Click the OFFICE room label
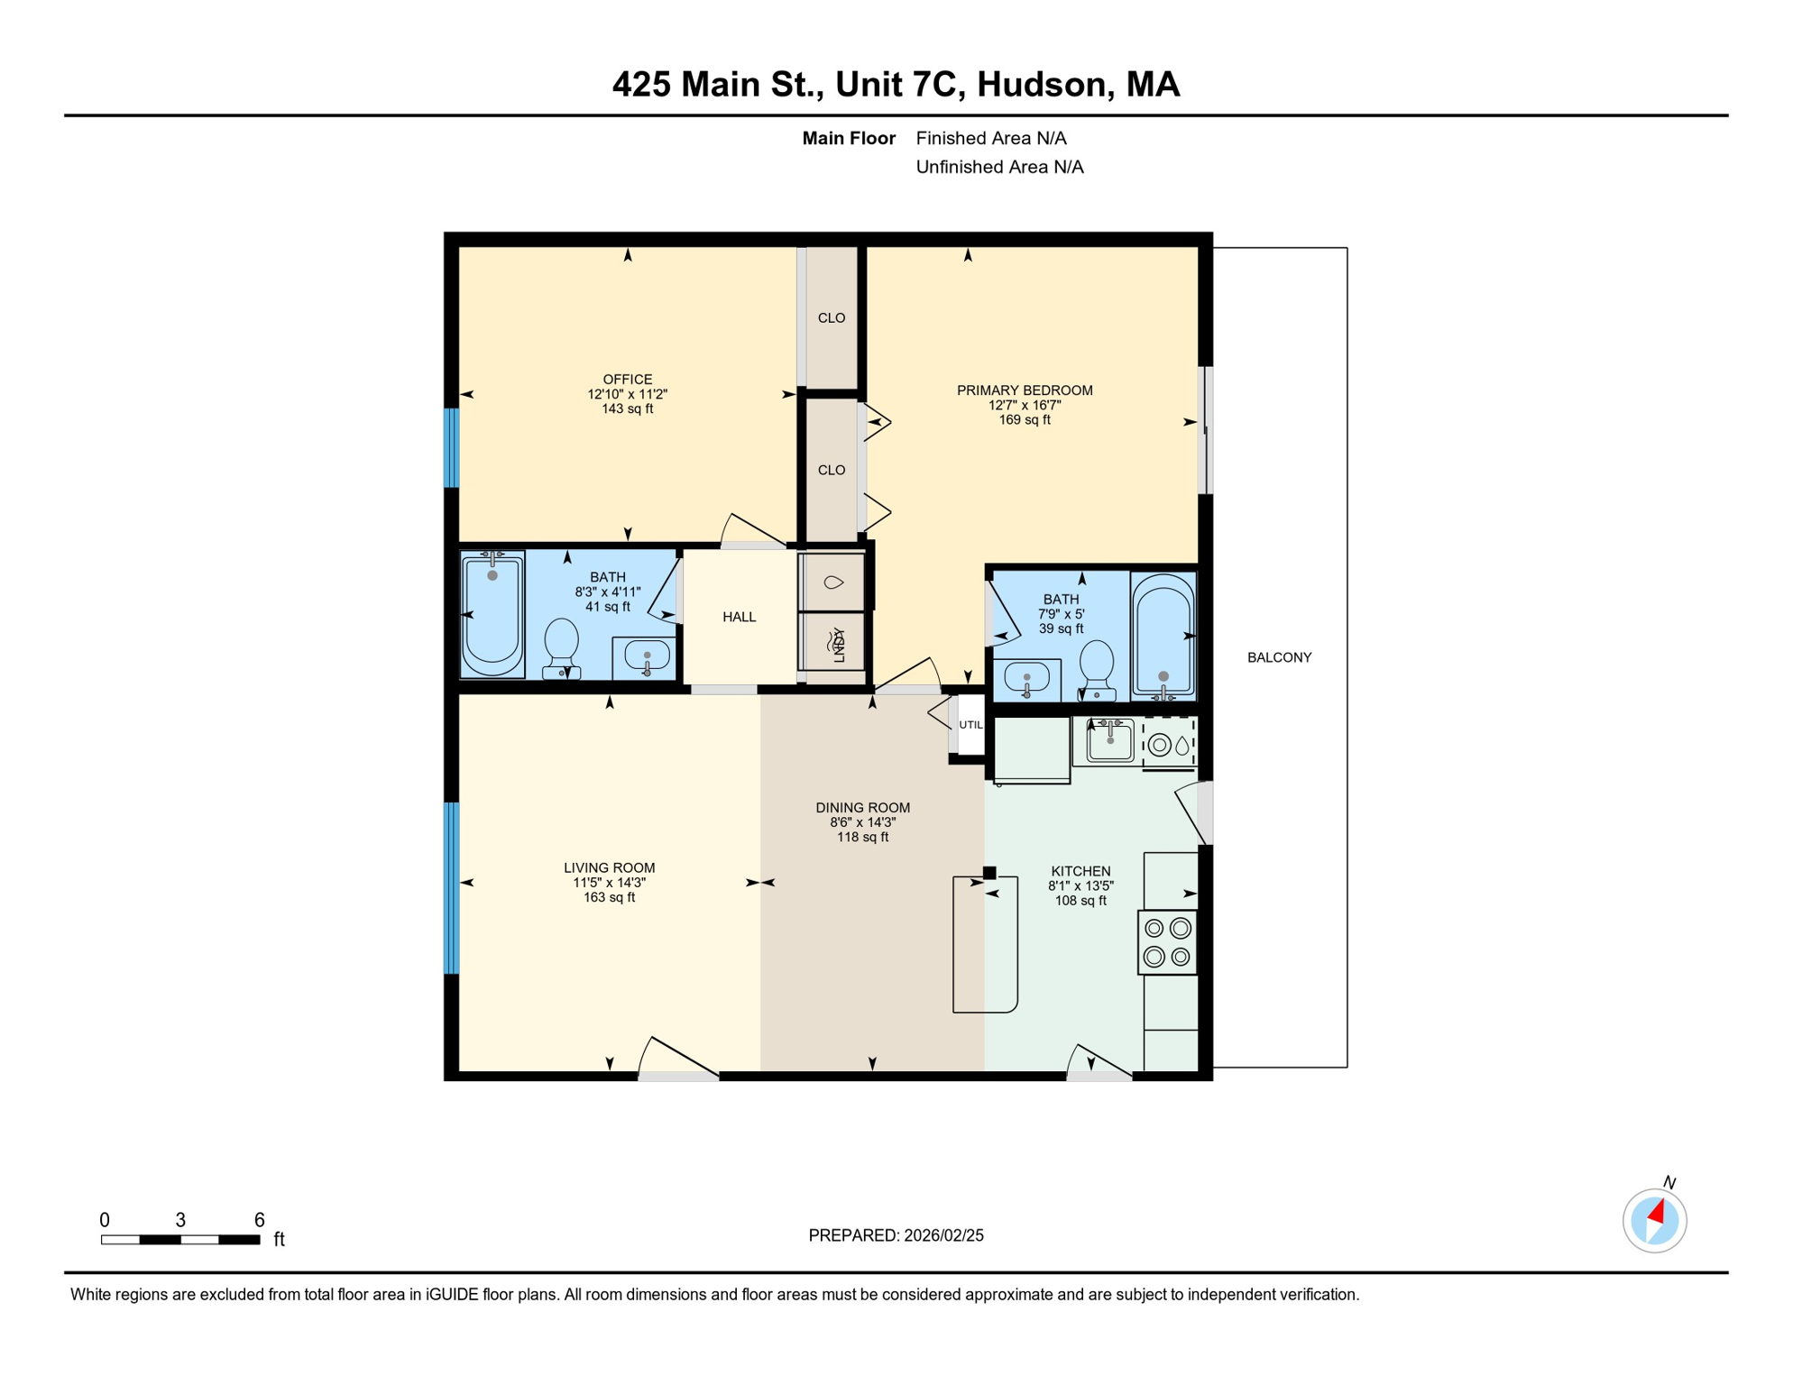[628, 380]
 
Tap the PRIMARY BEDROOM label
[1025, 390]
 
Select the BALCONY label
[1279, 657]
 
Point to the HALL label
[739, 617]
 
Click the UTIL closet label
[970, 725]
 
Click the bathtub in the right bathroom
[1163, 637]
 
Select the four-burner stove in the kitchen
[1167, 942]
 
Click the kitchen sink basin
[1109, 741]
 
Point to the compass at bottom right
[1654, 1220]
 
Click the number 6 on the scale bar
[259, 1220]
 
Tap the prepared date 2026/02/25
[943, 1235]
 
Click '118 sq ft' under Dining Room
[862, 837]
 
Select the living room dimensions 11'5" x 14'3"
[610, 883]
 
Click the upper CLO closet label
[832, 318]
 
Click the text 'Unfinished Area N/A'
[999, 167]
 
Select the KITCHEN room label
[1080, 871]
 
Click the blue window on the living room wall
[452, 888]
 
